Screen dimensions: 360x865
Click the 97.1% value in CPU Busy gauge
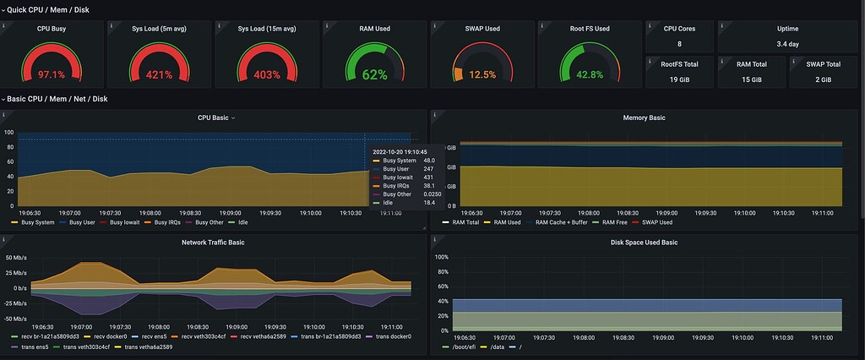(x=52, y=74)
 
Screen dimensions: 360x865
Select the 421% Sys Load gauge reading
(x=159, y=74)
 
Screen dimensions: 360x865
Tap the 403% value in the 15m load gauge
(x=266, y=74)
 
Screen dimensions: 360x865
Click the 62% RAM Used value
(x=374, y=74)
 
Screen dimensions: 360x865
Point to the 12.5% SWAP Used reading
(x=482, y=74)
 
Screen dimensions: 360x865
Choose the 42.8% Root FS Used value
(x=590, y=74)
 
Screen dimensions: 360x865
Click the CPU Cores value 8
(x=678, y=44)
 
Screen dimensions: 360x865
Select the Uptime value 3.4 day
(x=786, y=44)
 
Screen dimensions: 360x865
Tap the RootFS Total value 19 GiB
(x=678, y=79)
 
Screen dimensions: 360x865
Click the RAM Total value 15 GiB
(x=751, y=79)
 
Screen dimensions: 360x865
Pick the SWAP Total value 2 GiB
(x=822, y=79)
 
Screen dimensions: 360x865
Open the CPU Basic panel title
(x=213, y=117)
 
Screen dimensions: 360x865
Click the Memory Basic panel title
(x=644, y=117)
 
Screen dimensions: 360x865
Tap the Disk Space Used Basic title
(x=644, y=243)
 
